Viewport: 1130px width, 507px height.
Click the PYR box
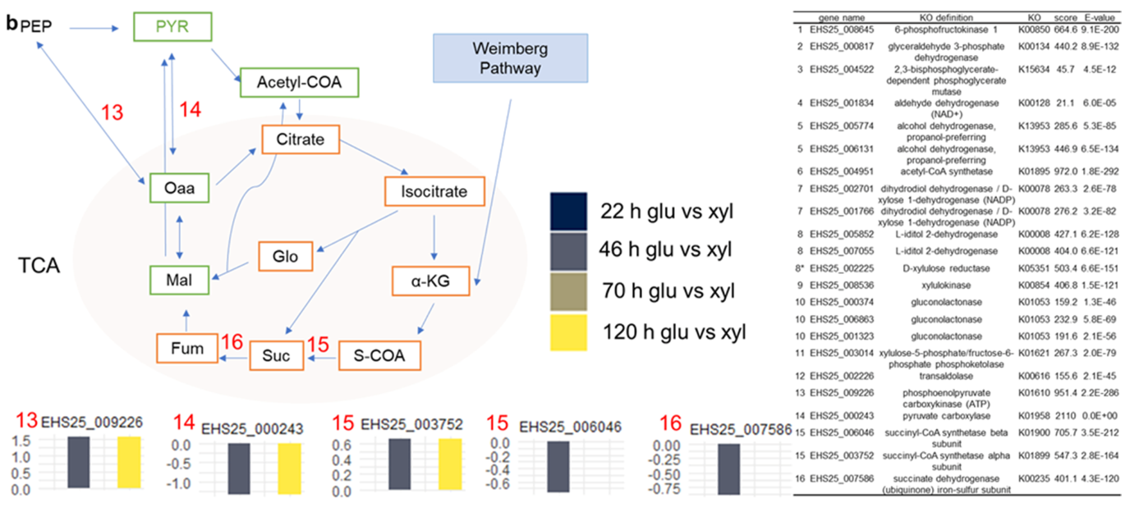(172, 28)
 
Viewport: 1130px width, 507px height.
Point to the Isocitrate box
(434, 192)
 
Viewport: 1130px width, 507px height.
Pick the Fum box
(182, 348)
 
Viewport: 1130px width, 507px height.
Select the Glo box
(287, 256)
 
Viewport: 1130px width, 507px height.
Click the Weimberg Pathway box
(510, 58)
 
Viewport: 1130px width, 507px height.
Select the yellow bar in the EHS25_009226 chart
(140, 462)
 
